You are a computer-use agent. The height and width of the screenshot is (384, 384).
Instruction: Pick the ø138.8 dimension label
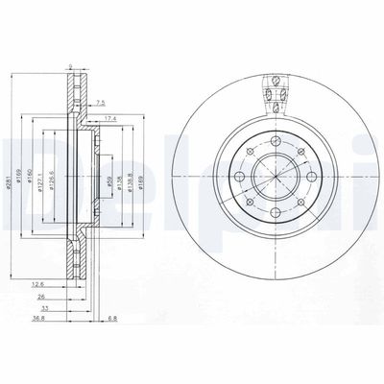pyautogui.click(x=132, y=170)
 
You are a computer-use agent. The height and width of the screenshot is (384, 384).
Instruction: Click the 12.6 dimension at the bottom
pyautogui.click(x=37, y=284)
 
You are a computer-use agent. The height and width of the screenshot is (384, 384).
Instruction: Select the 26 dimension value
pyautogui.click(x=40, y=297)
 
